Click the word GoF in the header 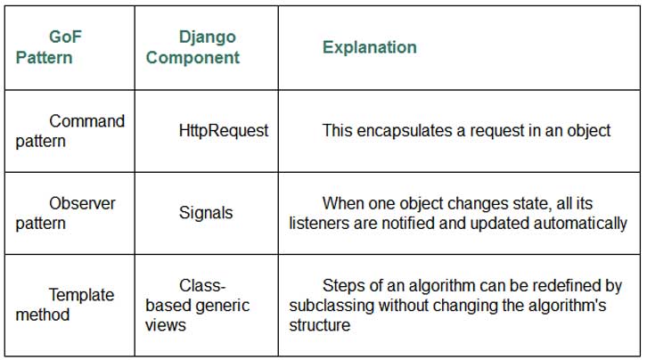(x=65, y=37)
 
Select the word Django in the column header (x=207, y=37)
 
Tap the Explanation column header (x=369, y=47)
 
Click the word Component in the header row (x=192, y=58)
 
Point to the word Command (x=86, y=121)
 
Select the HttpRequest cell (x=223, y=131)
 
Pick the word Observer (x=82, y=203)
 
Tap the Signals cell (x=206, y=213)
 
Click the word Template (x=82, y=295)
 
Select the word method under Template (x=42, y=315)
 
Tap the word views (x=166, y=325)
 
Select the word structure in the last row (x=319, y=325)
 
